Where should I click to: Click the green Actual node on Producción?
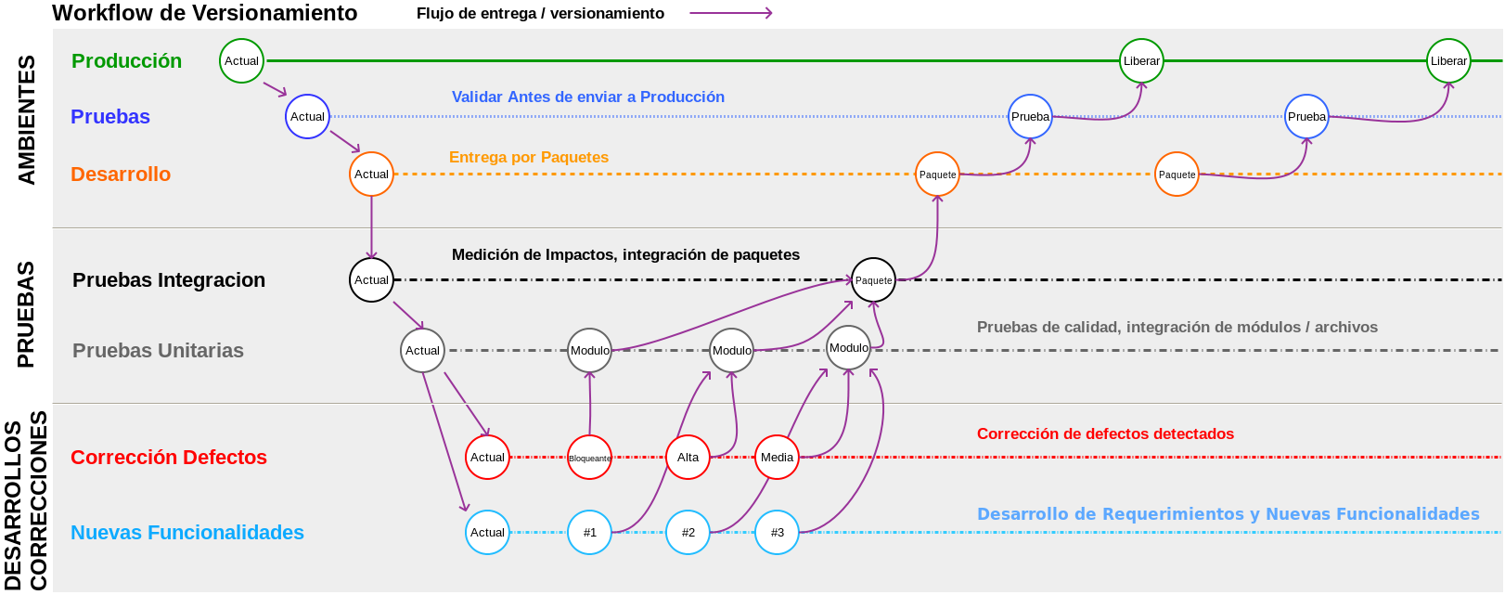(x=241, y=61)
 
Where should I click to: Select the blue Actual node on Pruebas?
(x=307, y=117)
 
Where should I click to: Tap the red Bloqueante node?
(x=590, y=458)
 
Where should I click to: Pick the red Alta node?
(x=688, y=458)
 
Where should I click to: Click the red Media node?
(x=777, y=458)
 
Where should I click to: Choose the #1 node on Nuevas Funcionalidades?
(x=590, y=533)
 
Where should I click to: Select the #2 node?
(x=688, y=533)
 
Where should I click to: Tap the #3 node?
(x=777, y=533)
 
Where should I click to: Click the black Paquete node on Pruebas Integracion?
(x=873, y=280)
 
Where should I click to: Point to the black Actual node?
(x=371, y=280)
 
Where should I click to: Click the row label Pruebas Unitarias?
(x=158, y=351)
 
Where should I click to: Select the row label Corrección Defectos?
(x=169, y=458)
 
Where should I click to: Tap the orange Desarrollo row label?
(x=121, y=175)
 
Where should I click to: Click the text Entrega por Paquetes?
(x=529, y=158)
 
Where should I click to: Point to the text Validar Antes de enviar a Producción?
(x=588, y=97)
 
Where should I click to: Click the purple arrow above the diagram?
(x=731, y=13)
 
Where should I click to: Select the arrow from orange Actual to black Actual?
(x=371, y=226)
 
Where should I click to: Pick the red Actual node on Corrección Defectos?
(x=487, y=458)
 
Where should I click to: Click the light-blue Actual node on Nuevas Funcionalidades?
(x=487, y=533)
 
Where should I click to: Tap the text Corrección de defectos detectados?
(x=1105, y=434)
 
